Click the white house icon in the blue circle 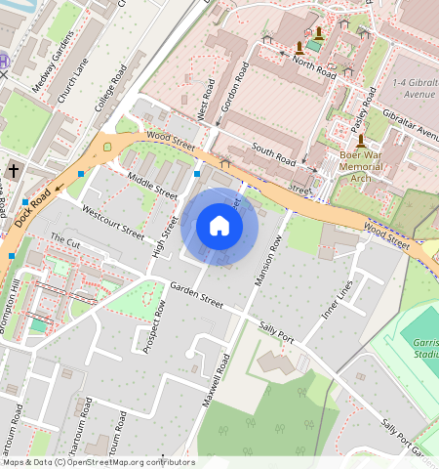point(219,226)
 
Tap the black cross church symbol point(14,171)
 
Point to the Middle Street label point(152,181)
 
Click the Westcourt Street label point(113,223)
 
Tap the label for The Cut point(65,239)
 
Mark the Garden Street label point(196,295)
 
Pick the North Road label point(314,67)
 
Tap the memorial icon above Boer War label point(361,141)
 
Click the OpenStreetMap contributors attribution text point(98,462)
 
